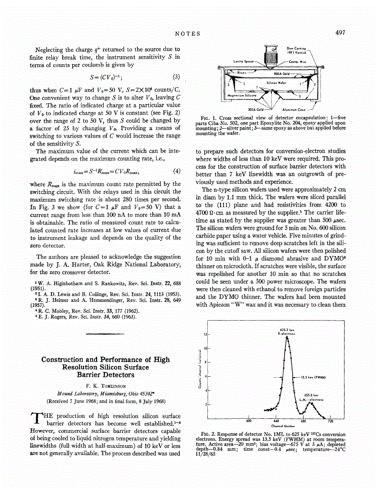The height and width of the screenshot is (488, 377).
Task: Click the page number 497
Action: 341,33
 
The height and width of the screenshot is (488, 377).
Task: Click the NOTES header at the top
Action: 188,33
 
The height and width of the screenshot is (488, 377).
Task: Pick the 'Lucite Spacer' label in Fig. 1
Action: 244,61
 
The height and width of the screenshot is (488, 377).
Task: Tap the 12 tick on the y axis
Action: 205,334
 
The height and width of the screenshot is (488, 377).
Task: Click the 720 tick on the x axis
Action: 330,421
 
